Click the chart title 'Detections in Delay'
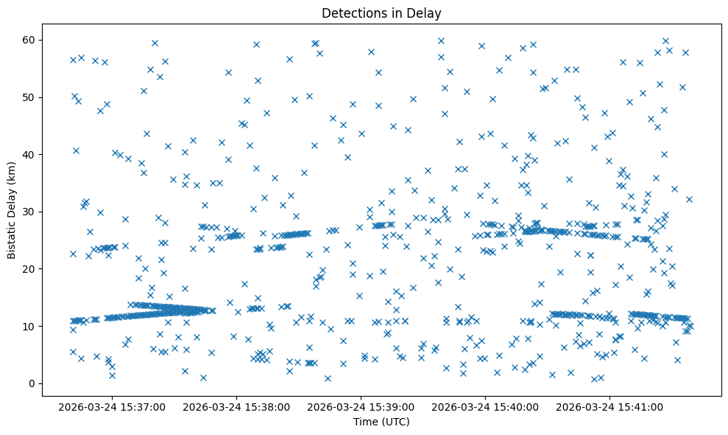381,13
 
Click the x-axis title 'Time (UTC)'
381,422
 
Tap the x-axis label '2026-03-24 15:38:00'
238,406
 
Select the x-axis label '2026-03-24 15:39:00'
362,406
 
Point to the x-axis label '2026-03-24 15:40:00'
486,406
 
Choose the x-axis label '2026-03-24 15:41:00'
610,406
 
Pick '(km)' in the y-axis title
12,164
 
